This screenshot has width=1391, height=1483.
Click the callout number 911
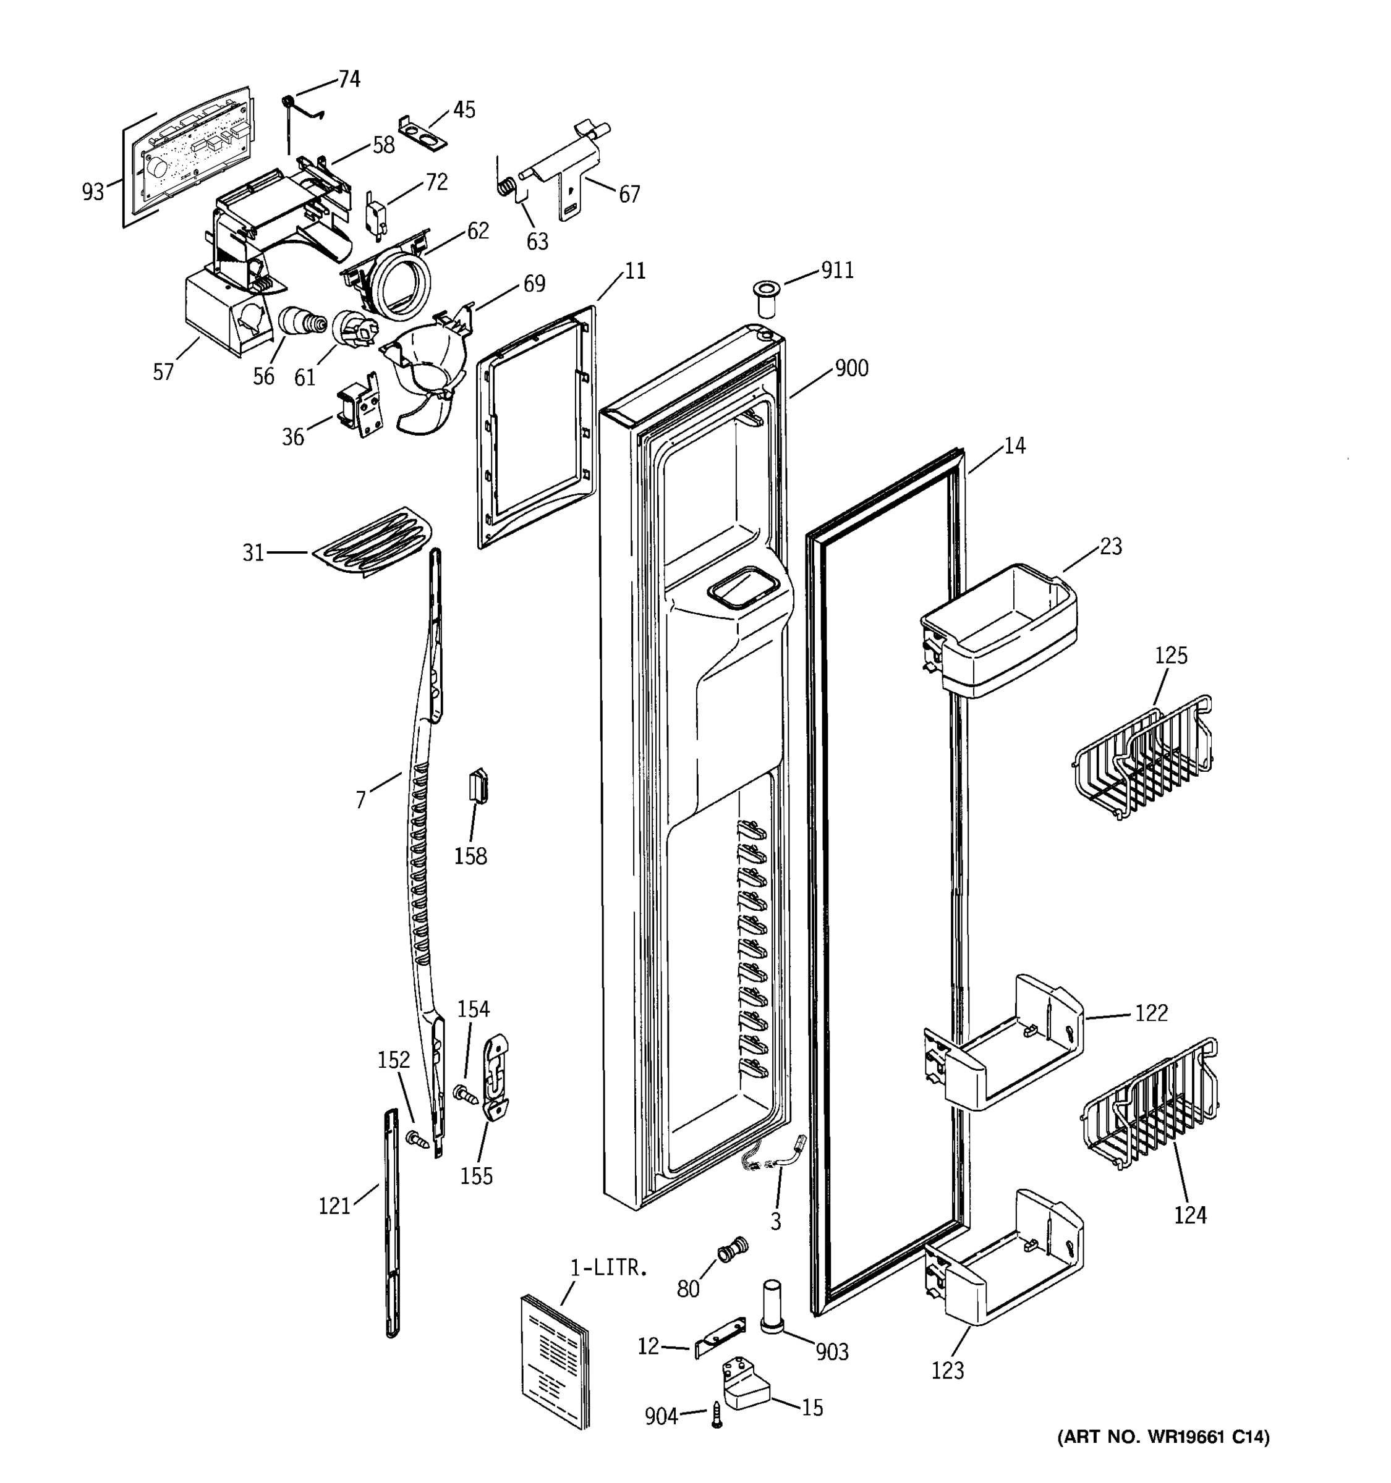pos(837,271)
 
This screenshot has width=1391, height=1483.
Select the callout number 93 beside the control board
pos(93,192)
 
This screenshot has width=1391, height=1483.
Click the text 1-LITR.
pos(609,1267)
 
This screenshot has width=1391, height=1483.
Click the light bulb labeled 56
pos(302,324)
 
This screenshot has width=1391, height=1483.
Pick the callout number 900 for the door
pos(851,368)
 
